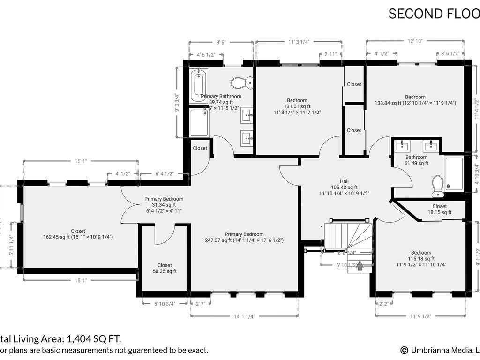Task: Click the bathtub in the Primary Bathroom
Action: coord(199,86)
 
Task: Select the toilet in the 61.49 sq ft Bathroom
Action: coord(438,186)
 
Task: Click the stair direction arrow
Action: coord(360,266)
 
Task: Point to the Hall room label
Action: coord(344,181)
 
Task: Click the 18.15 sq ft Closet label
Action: coord(439,206)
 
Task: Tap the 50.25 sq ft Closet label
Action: coord(165,265)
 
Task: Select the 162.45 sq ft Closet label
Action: coord(78,231)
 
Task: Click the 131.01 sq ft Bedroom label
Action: coord(297,100)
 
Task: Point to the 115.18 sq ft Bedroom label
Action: coord(420,253)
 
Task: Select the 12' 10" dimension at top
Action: coord(415,41)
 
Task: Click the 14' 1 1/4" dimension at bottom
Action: coord(244,316)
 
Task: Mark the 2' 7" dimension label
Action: coord(200,304)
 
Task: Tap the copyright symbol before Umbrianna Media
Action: coord(404,350)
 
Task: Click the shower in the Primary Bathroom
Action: coord(199,123)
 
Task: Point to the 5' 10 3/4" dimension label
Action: coord(165,304)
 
